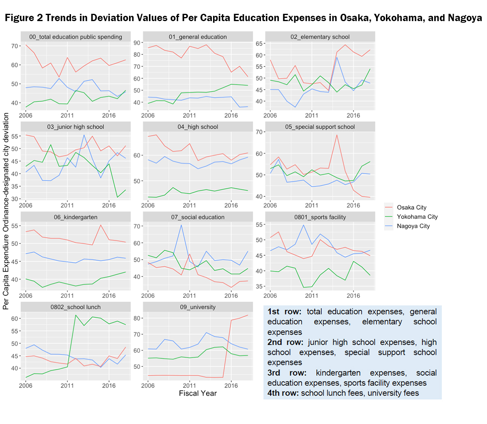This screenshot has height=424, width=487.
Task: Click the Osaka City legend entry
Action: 412,207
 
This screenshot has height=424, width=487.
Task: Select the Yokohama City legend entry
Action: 417,217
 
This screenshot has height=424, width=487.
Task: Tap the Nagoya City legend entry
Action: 413,226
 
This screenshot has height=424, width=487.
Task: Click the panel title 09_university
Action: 198,307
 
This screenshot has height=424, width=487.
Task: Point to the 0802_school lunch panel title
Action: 75,307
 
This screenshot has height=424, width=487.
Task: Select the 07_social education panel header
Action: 198,217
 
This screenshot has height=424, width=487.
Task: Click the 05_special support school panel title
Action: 320,127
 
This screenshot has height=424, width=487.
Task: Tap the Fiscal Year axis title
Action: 198,393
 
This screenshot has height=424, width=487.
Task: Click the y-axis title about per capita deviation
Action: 6,211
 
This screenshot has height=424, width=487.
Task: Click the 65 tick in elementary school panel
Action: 260,43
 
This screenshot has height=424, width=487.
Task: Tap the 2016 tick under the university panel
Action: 231,385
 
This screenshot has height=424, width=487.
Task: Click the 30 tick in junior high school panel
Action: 15,199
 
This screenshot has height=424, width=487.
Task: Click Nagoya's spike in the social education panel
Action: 181,225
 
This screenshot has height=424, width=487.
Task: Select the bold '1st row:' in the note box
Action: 284,312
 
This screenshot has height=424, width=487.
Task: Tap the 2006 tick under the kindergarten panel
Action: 26,295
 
